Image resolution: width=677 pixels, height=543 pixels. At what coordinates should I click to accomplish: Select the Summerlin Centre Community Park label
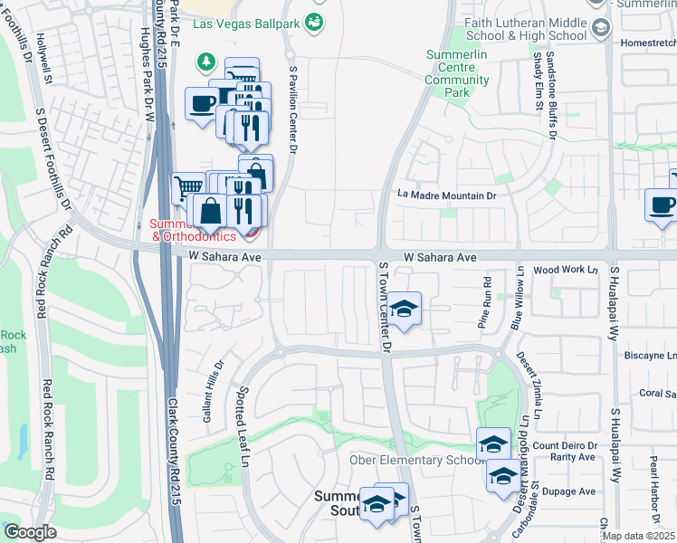tap(457, 73)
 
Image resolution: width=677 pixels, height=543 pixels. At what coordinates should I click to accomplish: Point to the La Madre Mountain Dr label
tap(448, 195)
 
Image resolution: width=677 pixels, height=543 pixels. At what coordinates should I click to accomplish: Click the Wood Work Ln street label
tap(567, 270)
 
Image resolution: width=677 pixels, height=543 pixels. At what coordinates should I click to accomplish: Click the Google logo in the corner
tap(30, 532)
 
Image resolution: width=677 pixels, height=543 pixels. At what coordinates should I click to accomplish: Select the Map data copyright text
tap(639, 536)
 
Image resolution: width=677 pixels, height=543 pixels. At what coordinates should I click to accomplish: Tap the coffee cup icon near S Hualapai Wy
tap(661, 204)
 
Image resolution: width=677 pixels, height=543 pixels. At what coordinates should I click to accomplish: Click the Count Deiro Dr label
tap(566, 445)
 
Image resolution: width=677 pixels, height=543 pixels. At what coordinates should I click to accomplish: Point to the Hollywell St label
tap(42, 62)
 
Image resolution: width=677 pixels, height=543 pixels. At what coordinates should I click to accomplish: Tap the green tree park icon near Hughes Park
tap(207, 61)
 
